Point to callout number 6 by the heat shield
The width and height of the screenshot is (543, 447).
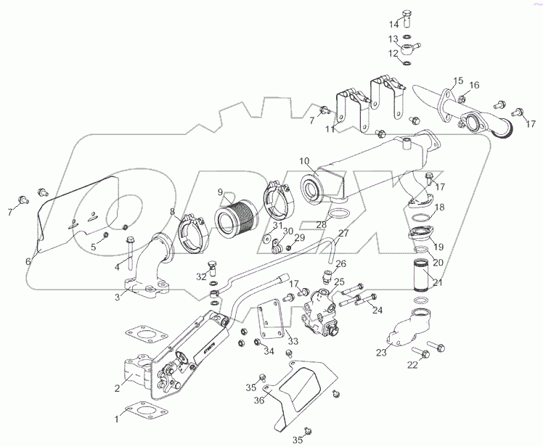point(28,262)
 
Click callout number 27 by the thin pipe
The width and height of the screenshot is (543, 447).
point(343,234)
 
